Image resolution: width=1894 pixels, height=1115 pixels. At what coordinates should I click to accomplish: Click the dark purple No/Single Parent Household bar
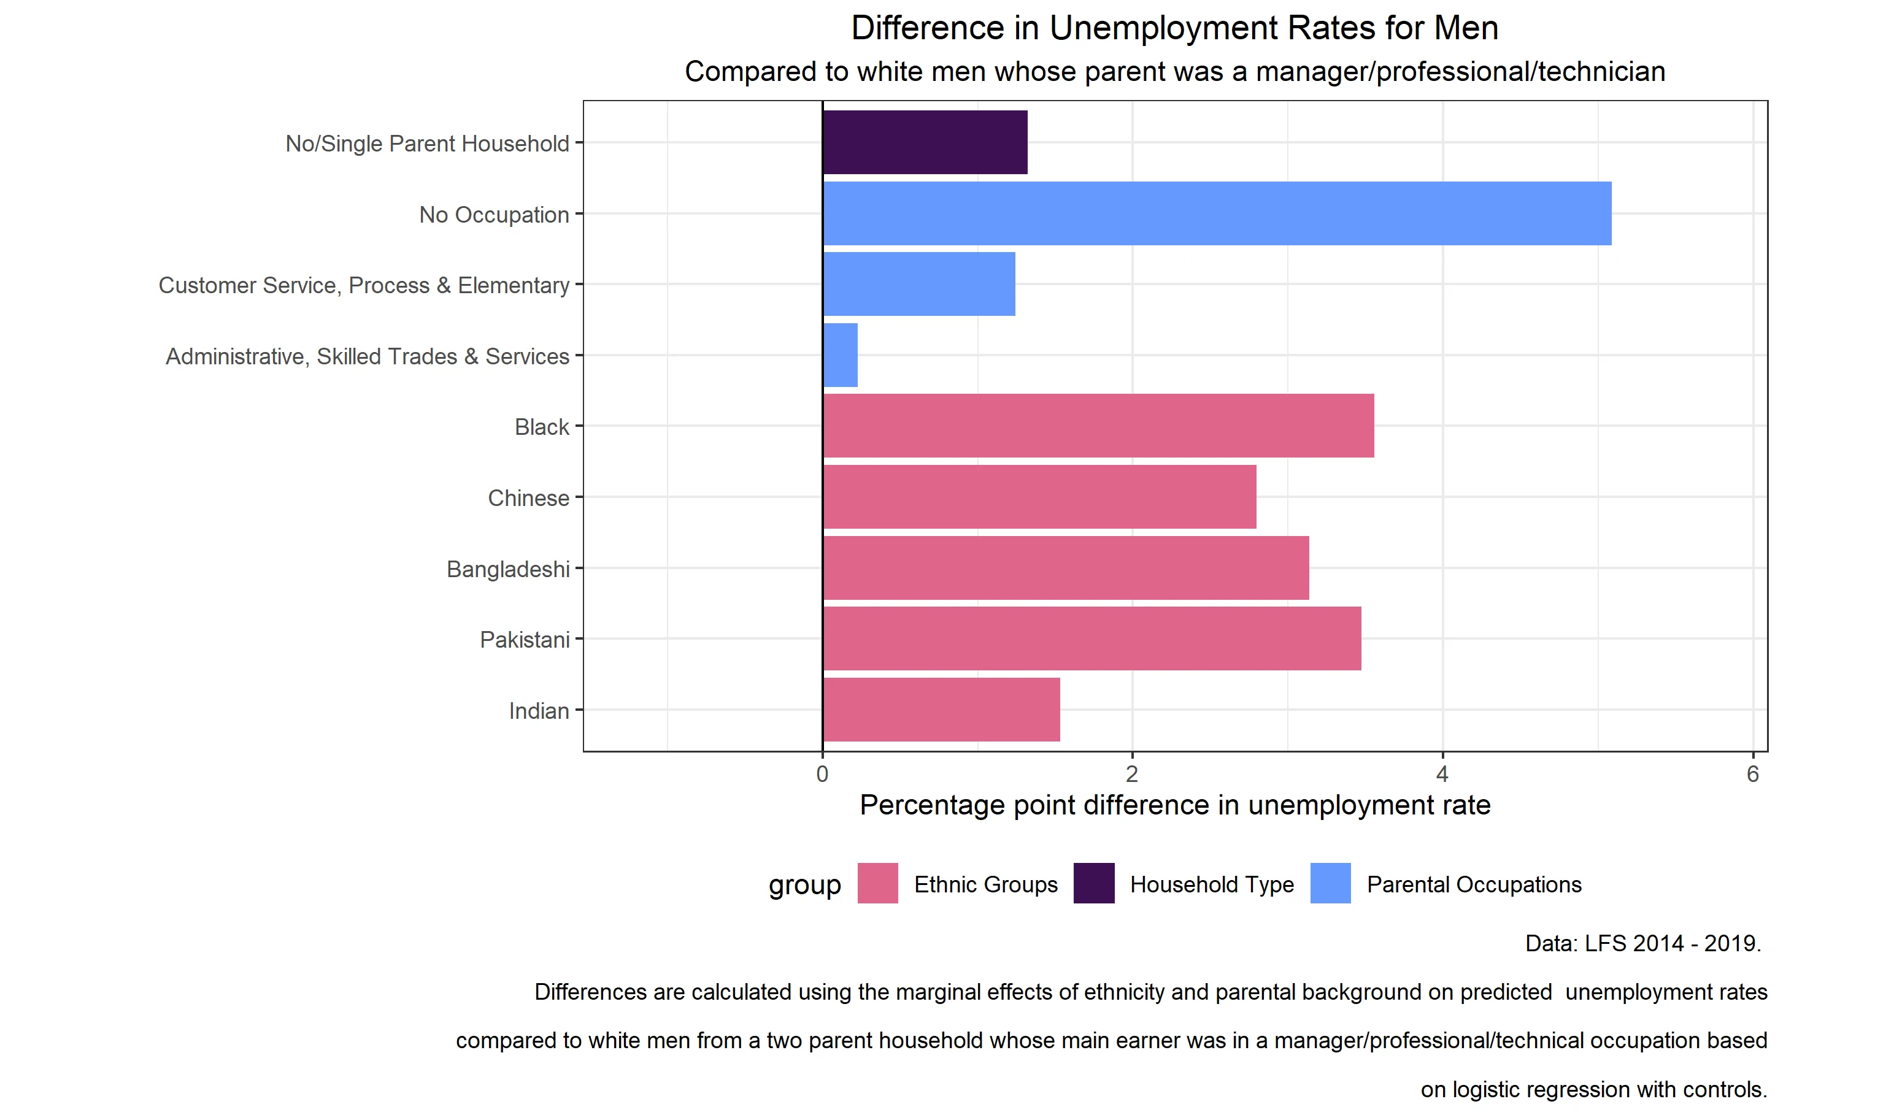pyautogui.click(x=925, y=142)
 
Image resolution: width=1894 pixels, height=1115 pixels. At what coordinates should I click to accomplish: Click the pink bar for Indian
pyautogui.click(x=941, y=709)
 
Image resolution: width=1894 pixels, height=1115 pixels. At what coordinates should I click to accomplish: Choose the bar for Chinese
pyautogui.click(x=1039, y=497)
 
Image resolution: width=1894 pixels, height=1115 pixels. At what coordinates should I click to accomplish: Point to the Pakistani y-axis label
pyautogui.click(x=525, y=640)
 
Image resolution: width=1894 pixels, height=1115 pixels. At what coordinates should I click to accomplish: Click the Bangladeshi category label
pyautogui.click(x=508, y=569)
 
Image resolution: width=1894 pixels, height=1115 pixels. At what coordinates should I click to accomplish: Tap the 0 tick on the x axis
pyautogui.click(x=822, y=774)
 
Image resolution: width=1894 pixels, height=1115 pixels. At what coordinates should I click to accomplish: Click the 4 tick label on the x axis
pyautogui.click(x=1442, y=774)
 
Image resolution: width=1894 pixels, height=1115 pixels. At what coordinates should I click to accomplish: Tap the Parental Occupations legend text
pyautogui.click(x=1473, y=884)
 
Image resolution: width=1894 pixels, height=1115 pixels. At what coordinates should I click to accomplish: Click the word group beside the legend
pyautogui.click(x=804, y=885)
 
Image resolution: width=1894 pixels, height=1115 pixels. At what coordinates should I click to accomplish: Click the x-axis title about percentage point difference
pyautogui.click(x=1175, y=805)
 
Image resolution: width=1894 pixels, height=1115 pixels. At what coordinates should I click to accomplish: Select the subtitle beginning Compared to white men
pyautogui.click(x=1175, y=71)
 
